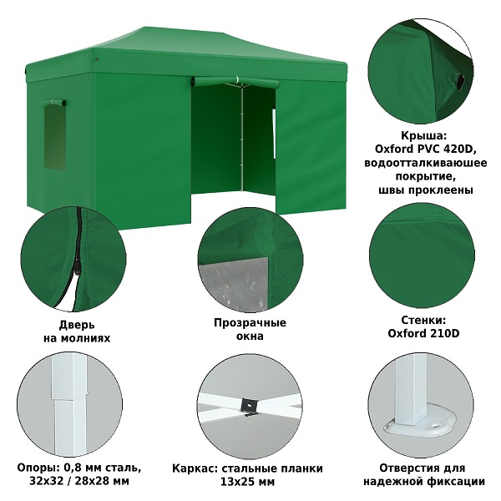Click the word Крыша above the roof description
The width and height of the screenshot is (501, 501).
click(x=423, y=136)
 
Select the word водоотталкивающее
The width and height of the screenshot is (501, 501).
click(x=426, y=163)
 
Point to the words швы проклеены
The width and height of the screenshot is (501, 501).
click(x=426, y=190)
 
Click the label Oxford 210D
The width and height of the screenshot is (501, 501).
click(x=423, y=333)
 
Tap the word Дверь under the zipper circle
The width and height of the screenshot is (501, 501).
click(x=77, y=325)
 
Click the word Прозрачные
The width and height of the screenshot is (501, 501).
click(x=250, y=322)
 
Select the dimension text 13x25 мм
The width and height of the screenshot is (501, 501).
click(x=247, y=482)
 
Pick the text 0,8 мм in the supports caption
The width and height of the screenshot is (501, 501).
click(x=83, y=468)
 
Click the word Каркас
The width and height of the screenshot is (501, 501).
click(x=195, y=468)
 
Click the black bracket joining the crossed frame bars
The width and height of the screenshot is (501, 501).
click(x=250, y=407)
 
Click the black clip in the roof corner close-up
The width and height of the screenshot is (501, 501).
click(x=461, y=82)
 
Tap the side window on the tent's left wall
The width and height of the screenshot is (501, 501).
click(x=55, y=138)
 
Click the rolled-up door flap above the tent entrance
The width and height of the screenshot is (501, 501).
click(x=235, y=82)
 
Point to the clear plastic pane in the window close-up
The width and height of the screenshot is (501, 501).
click(x=233, y=285)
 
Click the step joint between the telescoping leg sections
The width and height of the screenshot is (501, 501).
click(x=69, y=397)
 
